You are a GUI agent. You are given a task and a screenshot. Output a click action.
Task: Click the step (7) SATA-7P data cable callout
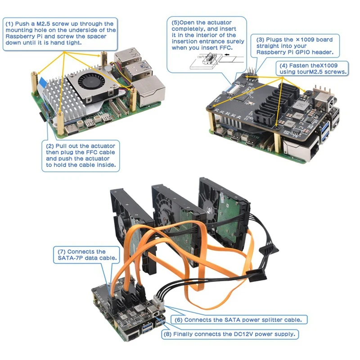click(x=86, y=255)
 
